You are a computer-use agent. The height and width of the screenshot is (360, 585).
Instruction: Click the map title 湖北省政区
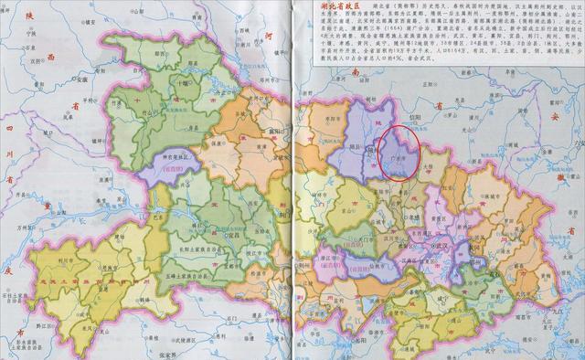click(336, 6)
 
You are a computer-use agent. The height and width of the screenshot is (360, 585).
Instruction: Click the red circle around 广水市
click(399, 153)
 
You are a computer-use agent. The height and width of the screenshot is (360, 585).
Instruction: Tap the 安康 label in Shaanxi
click(81, 79)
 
